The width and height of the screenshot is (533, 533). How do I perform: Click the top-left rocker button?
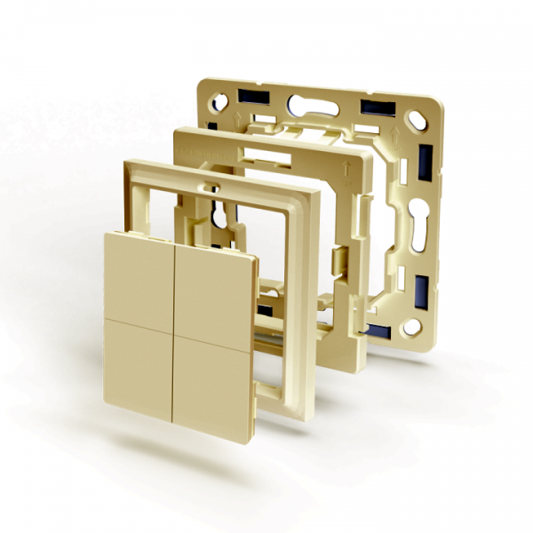140,275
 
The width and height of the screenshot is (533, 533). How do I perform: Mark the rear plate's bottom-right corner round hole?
411,328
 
